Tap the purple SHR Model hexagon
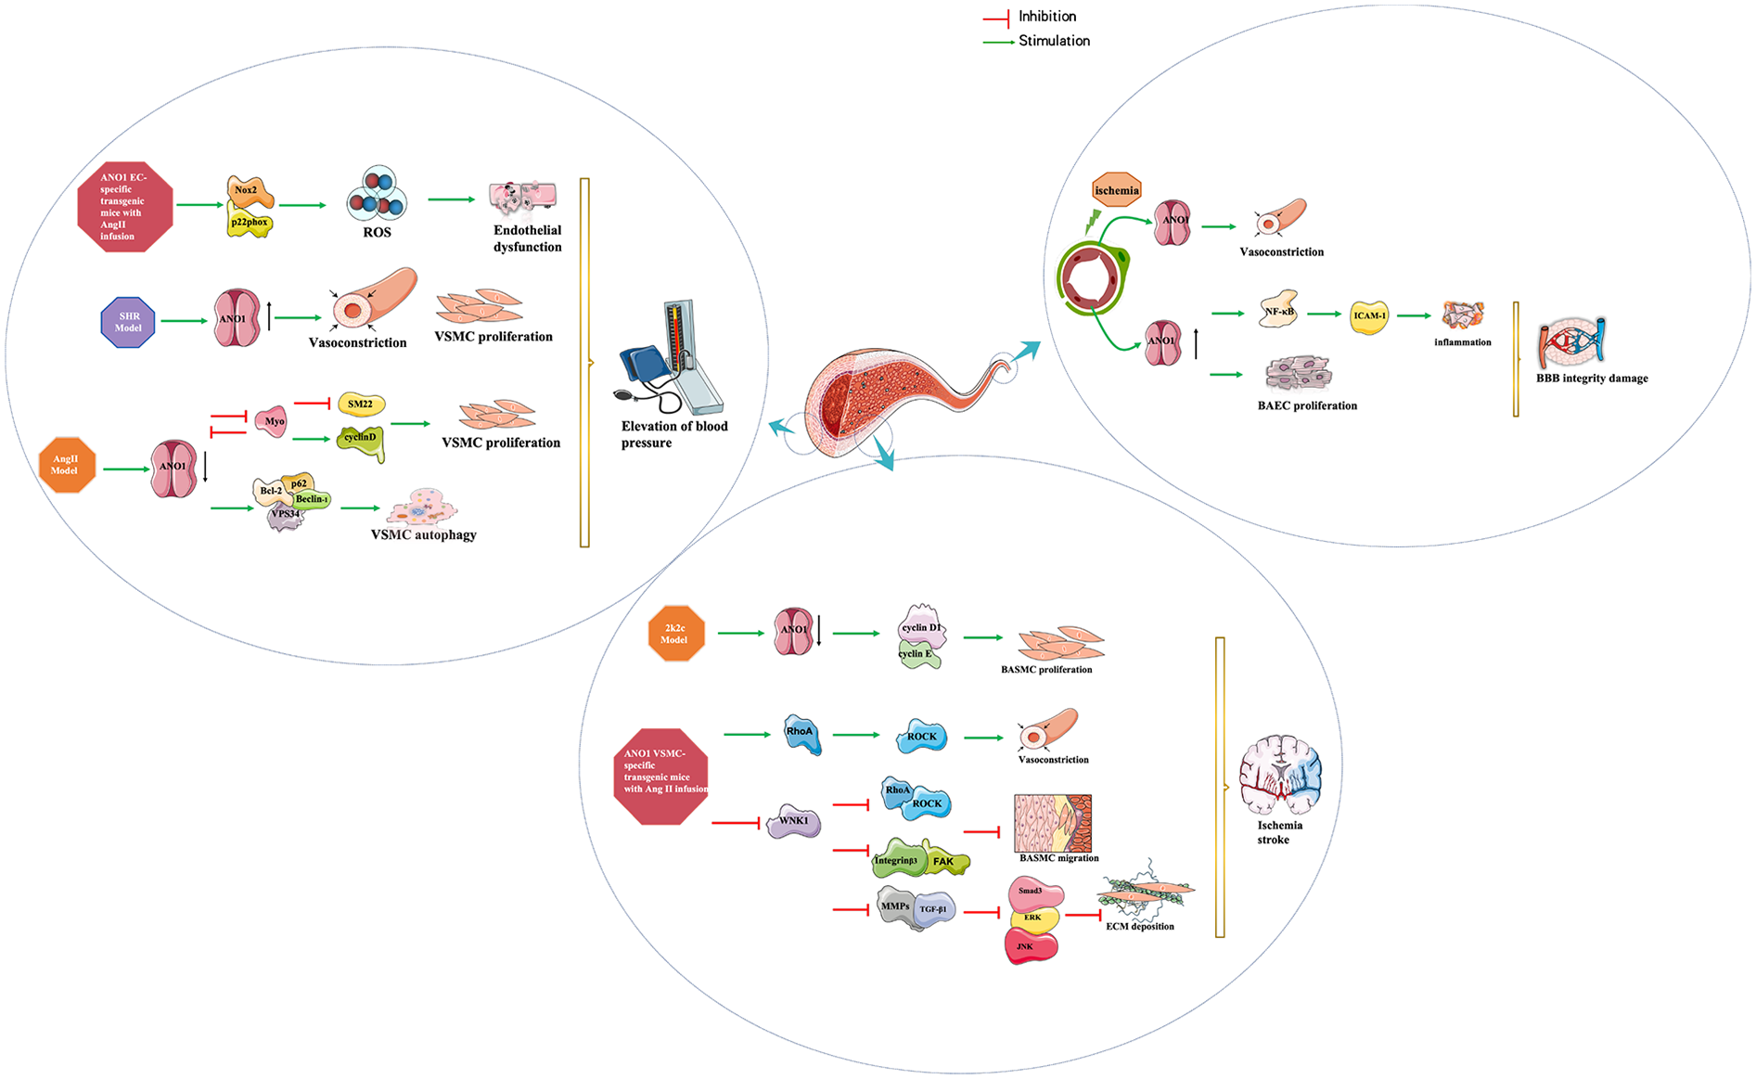128,322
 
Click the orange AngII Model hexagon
67,465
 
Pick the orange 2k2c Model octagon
675,634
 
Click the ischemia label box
1117,190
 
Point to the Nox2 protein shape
249,191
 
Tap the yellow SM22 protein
361,404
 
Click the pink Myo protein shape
273,421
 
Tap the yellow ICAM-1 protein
1369,316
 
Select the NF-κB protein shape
1279,312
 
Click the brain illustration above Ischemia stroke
1279,776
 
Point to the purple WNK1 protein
794,821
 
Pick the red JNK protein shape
1030,946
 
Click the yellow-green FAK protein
945,861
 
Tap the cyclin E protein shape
918,655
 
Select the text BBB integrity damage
1591,379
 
